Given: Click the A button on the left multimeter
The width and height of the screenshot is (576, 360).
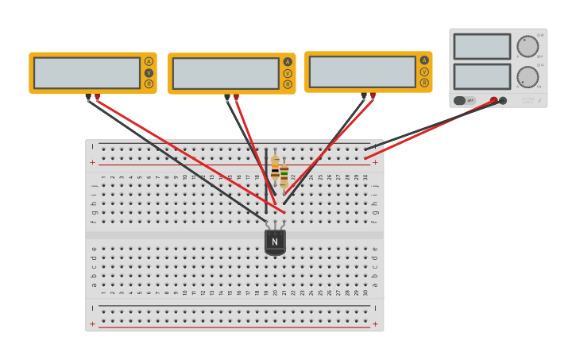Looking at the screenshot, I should coord(149,61).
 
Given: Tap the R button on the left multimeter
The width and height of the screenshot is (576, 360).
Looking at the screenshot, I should coord(149,83).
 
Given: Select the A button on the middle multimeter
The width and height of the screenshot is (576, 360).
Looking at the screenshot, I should coord(288,62).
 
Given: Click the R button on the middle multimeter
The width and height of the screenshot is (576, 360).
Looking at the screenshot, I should coord(288,84).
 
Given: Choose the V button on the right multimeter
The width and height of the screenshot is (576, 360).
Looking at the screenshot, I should coord(424,72).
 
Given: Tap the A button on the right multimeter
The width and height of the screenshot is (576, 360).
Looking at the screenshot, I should coord(424,60).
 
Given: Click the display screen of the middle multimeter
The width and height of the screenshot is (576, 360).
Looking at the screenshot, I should coord(226,73).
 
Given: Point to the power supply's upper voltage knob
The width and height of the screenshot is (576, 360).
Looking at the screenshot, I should coord(527,46).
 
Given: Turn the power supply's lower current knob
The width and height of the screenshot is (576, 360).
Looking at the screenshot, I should coord(527,76).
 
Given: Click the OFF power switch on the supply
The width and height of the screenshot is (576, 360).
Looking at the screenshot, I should coord(465,100).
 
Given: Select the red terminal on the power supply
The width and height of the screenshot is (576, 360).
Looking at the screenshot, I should coord(493,100).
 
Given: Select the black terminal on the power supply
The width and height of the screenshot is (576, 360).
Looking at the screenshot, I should coord(503,100).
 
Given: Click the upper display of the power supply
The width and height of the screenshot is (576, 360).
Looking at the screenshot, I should coord(481,46).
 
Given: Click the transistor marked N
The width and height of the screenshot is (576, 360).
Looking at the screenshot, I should coord(275,242).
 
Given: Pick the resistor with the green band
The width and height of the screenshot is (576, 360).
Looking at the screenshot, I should coord(284,175).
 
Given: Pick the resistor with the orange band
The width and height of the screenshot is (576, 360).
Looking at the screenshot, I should coord(275,168).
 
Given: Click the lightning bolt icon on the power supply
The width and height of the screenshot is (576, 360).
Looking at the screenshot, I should coord(540,101).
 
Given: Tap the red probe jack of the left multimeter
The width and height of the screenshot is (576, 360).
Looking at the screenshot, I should coord(97,96).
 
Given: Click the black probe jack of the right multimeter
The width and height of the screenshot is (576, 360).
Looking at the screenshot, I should coord(364,95).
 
